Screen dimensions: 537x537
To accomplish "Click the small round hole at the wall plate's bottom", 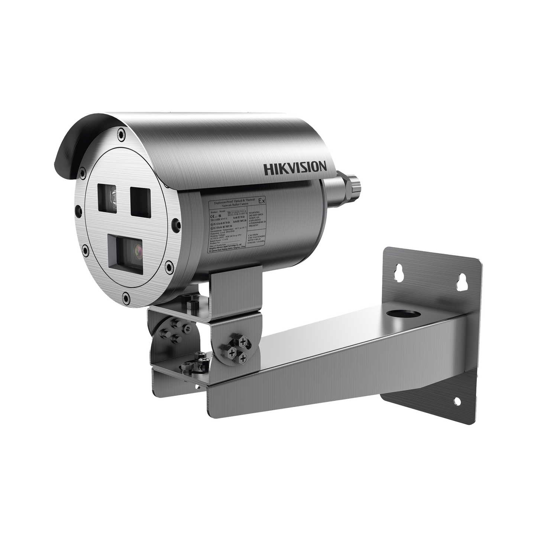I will coord(456,400).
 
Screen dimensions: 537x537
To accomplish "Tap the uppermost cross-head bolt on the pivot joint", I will coord(243,340).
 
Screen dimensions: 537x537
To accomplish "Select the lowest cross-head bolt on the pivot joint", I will coord(243,358).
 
